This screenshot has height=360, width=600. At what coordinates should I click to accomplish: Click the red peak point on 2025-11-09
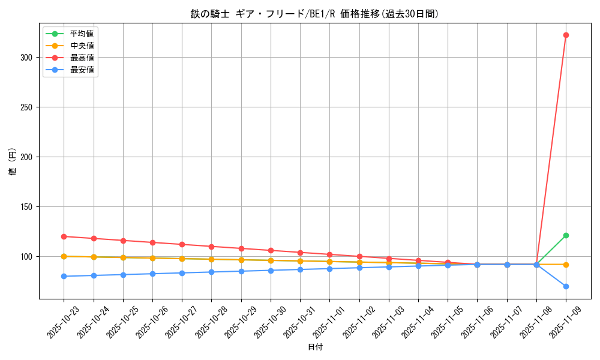pyautogui.click(x=566, y=35)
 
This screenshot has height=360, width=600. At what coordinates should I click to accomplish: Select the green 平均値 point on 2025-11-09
pyautogui.click(x=566, y=235)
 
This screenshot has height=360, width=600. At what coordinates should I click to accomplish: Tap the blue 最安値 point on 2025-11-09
pyautogui.click(x=566, y=286)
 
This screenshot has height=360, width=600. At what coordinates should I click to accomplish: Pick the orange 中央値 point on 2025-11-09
pyautogui.click(x=566, y=265)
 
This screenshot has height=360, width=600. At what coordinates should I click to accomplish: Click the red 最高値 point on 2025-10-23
pyautogui.click(x=64, y=236)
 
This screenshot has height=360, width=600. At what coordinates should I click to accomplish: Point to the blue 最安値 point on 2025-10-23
pyautogui.click(x=64, y=276)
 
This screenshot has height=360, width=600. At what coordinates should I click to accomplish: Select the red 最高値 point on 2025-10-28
pyautogui.click(x=211, y=247)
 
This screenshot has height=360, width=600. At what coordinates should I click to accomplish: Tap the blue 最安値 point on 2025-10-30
pyautogui.click(x=271, y=271)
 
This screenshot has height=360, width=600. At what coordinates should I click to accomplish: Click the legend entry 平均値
pyautogui.click(x=82, y=34)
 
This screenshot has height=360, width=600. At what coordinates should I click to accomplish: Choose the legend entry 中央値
pyautogui.click(x=82, y=46)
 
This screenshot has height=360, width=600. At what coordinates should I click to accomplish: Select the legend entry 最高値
pyautogui.click(x=82, y=58)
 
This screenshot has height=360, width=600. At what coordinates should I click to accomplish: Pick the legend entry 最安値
pyautogui.click(x=82, y=70)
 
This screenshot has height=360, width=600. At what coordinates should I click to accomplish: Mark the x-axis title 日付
pyautogui.click(x=315, y=347)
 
